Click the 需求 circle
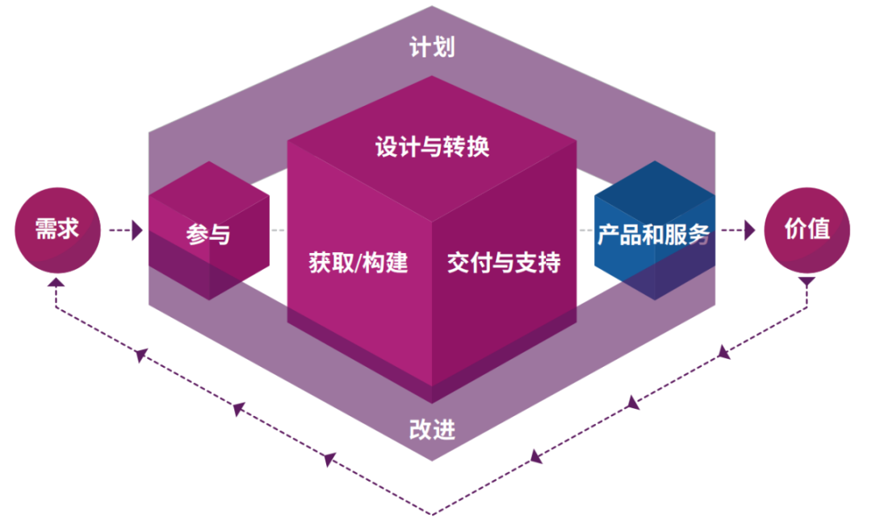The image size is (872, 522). pos(57,229)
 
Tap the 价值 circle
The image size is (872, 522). pos(807,229)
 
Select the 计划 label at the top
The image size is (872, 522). pos(432,48)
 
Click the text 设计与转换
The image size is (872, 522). pos(432,148)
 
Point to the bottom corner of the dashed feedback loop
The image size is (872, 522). pos(432,513)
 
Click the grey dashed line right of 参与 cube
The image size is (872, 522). pos(278,231)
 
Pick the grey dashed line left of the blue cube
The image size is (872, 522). pos(586,231)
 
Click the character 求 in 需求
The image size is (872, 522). pos(68,229)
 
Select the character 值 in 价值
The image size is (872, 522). pos(818,229)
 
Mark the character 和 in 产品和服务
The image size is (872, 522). pos(653,235)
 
